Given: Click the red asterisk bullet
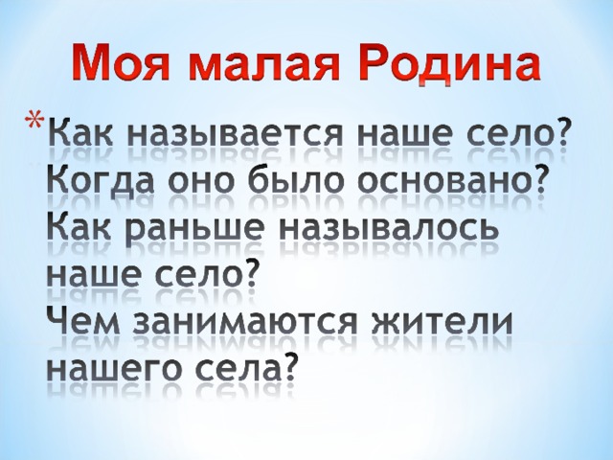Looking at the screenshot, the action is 35,120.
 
